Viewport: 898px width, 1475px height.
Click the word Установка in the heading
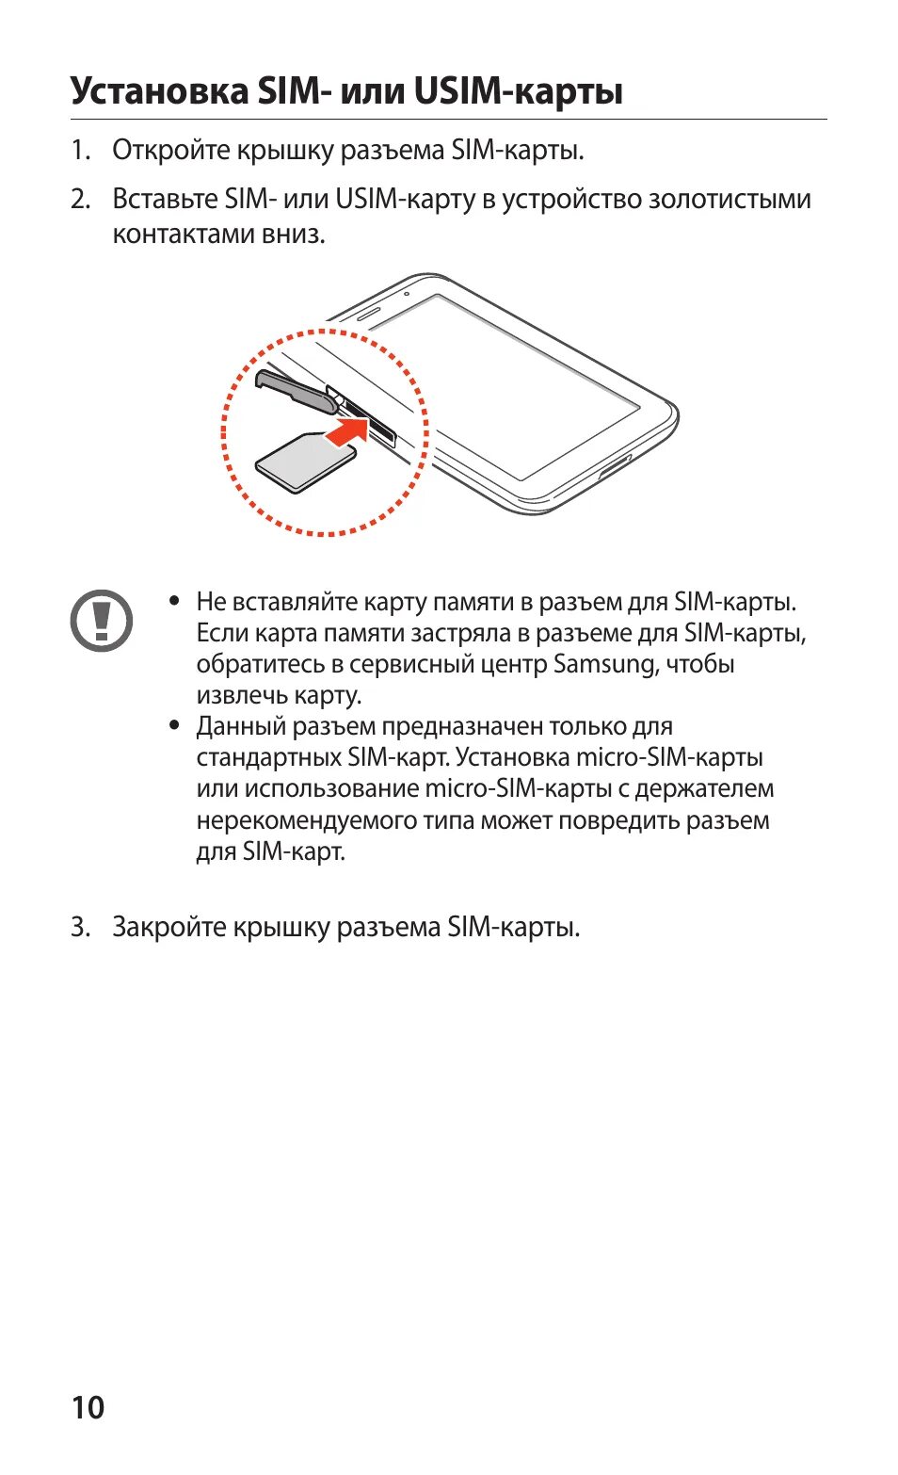[159, 91]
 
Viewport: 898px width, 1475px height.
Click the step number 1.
[80, 151]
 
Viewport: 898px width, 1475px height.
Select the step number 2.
[80, 200]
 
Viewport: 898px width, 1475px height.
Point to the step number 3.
[80, 928]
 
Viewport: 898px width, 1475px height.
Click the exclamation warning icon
[102, 620]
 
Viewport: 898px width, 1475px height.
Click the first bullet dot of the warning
[174, 600]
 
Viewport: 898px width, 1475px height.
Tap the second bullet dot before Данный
[174, 725]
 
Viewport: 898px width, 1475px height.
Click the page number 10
[88, 1407]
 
